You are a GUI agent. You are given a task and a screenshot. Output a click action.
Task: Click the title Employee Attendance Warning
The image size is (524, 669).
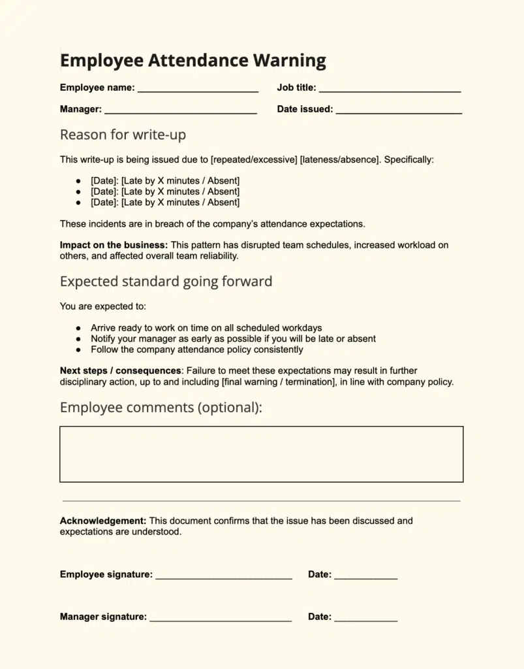tap(193, 61)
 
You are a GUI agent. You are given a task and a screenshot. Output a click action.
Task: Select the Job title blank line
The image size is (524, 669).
tap(390, 88)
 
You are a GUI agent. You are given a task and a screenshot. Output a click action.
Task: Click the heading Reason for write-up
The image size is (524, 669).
tap(123, 135)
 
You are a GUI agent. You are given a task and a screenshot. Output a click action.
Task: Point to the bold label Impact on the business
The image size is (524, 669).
tap(114, 245)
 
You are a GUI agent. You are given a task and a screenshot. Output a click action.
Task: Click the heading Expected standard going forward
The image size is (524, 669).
tap(166, 282)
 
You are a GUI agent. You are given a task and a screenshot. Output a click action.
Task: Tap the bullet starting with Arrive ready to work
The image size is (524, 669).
tap(206, 328)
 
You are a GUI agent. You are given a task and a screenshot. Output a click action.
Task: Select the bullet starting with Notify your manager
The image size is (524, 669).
tap(233, 338)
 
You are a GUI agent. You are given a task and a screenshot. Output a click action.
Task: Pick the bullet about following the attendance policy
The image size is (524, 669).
tap(196, 350)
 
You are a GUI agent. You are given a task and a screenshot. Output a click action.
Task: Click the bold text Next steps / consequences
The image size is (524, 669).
tap(120, 370)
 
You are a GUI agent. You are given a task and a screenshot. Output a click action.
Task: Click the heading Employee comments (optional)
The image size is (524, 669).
tap(161, 408)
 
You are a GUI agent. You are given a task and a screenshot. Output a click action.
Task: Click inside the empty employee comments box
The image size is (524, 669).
tap(261, 454)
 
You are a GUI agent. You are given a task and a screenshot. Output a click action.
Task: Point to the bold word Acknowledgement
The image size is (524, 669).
tap(102, 521)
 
